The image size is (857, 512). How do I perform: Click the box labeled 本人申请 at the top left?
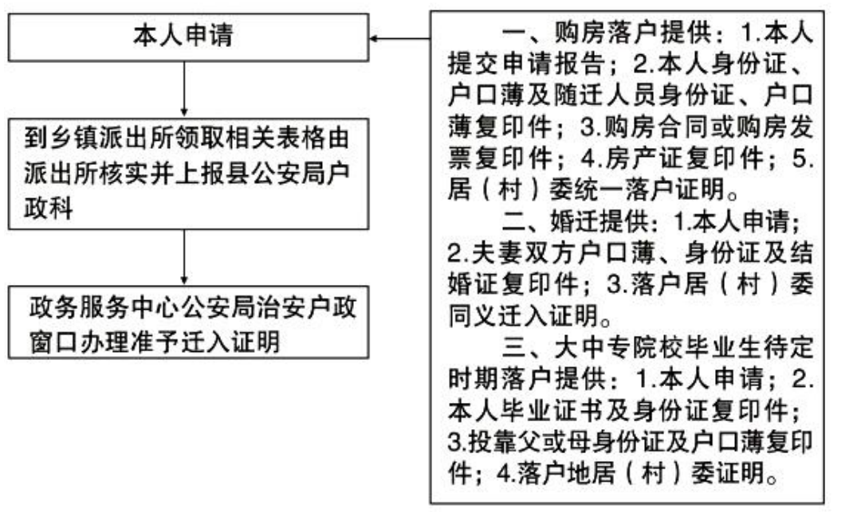click(189, 37)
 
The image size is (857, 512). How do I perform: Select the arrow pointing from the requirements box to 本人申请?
click(399, 39)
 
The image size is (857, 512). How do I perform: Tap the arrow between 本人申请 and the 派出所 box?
click(184, 89)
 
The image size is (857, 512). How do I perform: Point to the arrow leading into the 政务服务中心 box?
click(184, 257)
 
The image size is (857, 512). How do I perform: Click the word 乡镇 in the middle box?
click(73, 138)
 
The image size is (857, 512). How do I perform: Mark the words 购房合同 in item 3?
click(653, 127)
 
